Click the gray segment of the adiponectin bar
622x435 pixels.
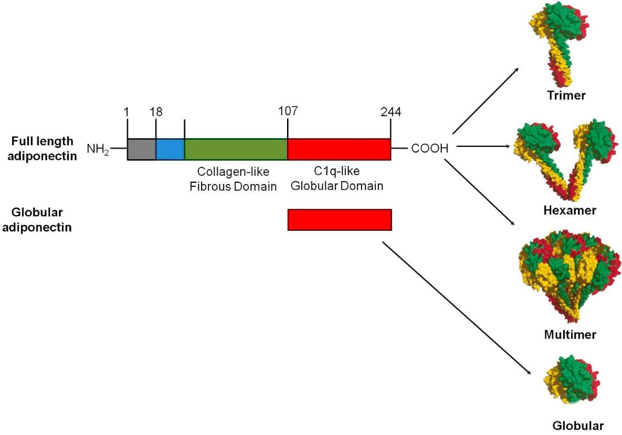point(141,149)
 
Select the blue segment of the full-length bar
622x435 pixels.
point(170,149)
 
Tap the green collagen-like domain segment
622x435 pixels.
point(236,149)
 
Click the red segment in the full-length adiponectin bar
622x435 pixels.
point(339,149)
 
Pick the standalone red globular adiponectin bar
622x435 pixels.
point(340,220)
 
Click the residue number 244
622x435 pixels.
point(391,111)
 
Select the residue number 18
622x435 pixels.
point(156,111)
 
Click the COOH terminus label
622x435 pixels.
point(430,149)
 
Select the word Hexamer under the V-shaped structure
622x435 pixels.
point(569,211)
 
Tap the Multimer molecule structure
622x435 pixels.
point(569,278)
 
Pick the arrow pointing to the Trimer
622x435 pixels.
point(485,101)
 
